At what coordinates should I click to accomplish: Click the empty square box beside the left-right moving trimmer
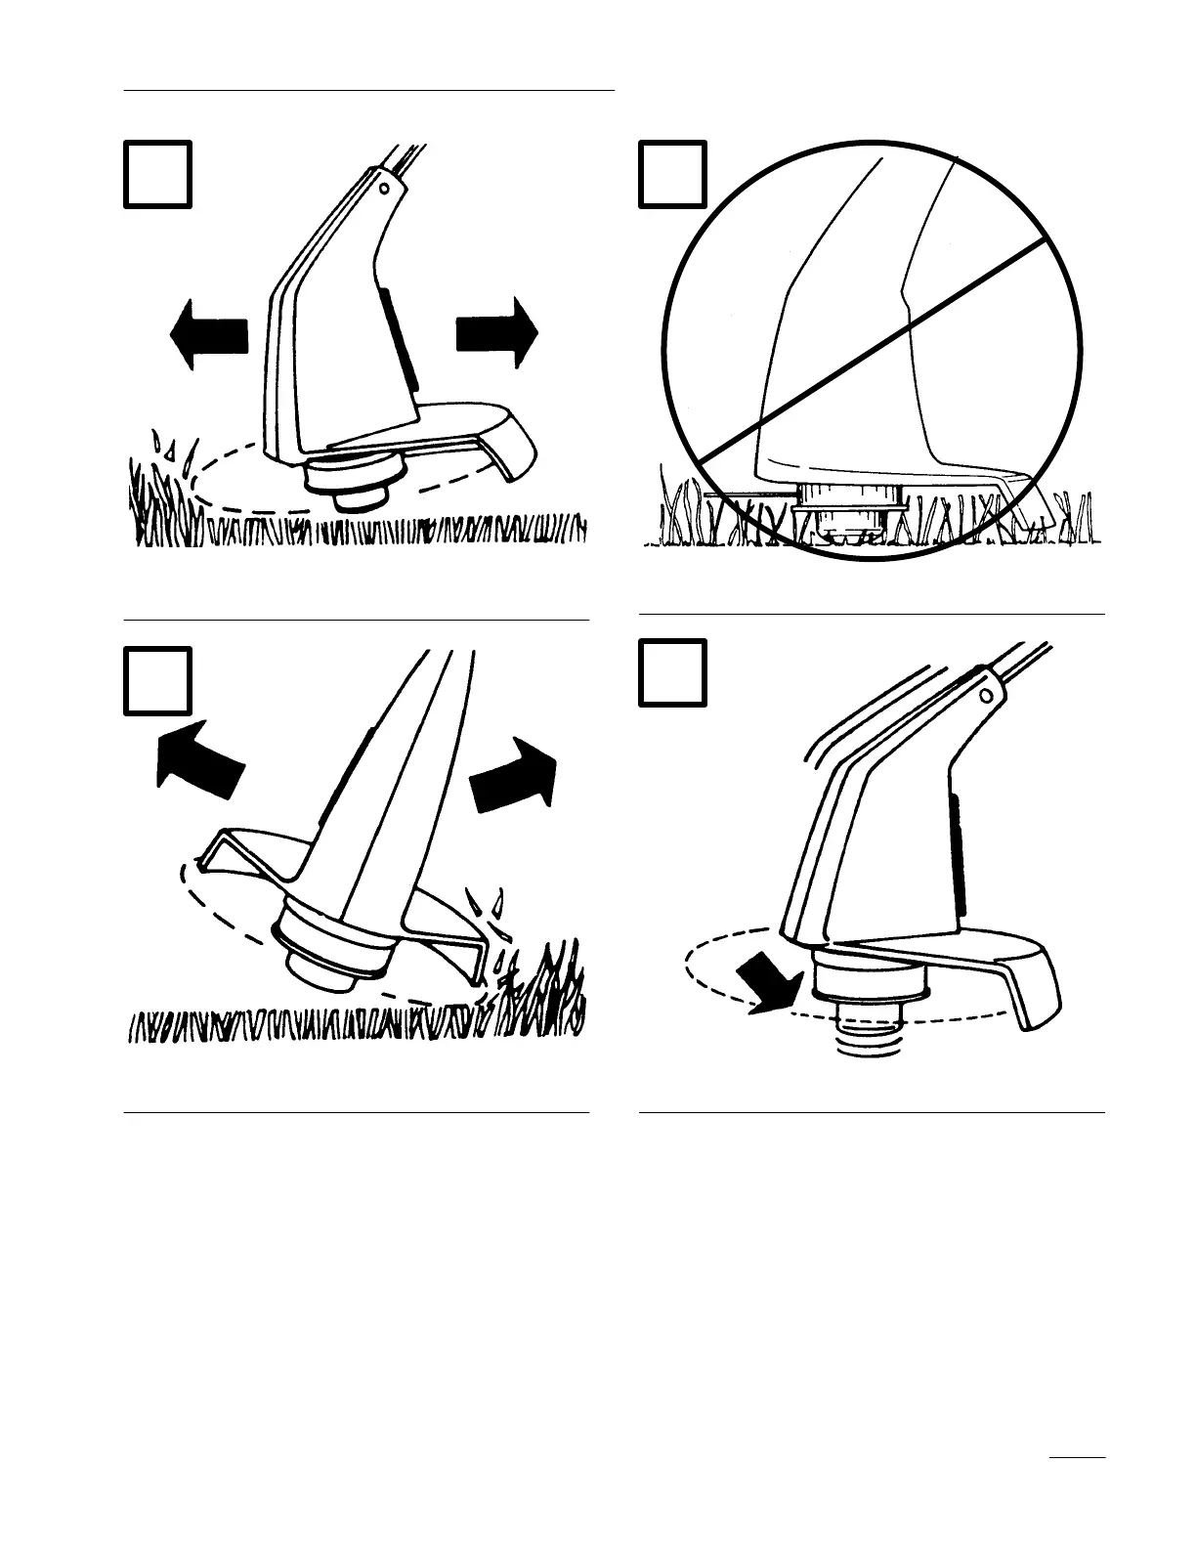157,174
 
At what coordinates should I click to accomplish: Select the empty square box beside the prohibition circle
672,174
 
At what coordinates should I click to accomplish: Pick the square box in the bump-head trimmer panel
672,672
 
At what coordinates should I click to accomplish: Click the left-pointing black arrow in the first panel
208,334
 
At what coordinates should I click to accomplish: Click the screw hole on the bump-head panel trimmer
986,695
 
